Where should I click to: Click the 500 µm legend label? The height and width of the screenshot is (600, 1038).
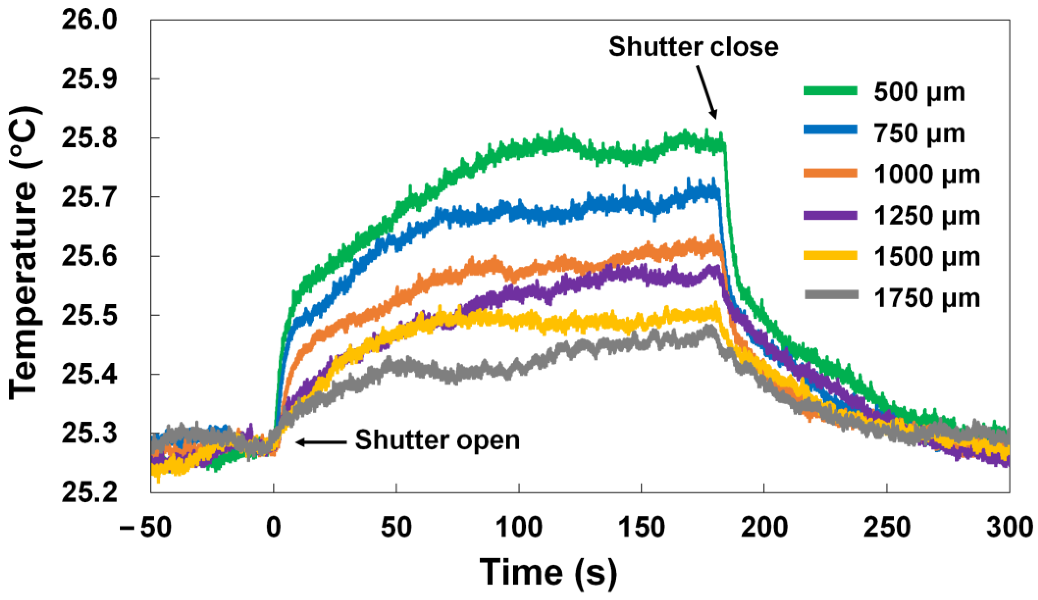coord(919,92)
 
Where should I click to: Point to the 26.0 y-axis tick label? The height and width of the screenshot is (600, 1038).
coord(89,20)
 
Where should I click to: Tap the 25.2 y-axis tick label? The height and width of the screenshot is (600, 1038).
coord(89,492)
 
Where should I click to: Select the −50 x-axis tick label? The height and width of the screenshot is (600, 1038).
coord(145,527)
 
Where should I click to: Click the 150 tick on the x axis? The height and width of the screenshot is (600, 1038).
coord(641,527)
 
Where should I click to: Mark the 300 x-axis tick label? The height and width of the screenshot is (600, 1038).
coord(1009,527)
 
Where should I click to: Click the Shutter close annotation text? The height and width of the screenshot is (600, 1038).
coord(694,46)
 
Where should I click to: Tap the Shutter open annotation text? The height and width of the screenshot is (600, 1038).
coord(437,440)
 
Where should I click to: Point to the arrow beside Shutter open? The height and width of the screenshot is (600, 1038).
coord(321,442)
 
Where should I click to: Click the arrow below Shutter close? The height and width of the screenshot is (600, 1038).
coord(707,92)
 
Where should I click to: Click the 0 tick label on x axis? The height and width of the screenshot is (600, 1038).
coord(274,527)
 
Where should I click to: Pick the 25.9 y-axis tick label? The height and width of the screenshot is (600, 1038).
coord(89,79)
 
